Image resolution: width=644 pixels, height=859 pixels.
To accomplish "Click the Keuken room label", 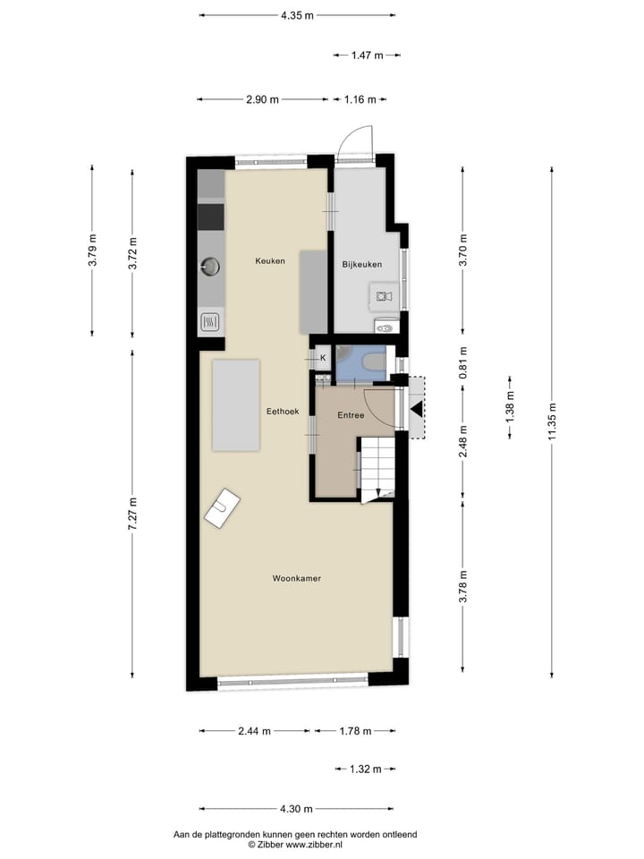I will point(270,261).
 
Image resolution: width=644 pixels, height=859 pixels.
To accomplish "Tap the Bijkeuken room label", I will point(362,265).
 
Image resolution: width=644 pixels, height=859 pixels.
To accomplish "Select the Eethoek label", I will point(282,412).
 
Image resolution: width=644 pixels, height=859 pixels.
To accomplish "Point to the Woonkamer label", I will point(297,579).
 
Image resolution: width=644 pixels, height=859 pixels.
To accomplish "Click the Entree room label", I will point(350,416).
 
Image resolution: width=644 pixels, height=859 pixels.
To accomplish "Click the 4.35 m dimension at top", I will point(296,14).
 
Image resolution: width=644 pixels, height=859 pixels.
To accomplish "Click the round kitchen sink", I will point(211,265).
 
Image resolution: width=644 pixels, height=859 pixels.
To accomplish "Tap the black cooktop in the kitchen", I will point(211,217).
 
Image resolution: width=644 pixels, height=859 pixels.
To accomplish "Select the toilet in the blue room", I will point(373,361).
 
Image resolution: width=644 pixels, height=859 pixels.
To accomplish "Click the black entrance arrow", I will point(417,410).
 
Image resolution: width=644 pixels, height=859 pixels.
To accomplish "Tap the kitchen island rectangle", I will point(313,292).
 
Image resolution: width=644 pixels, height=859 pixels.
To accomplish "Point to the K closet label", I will point(322,359).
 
